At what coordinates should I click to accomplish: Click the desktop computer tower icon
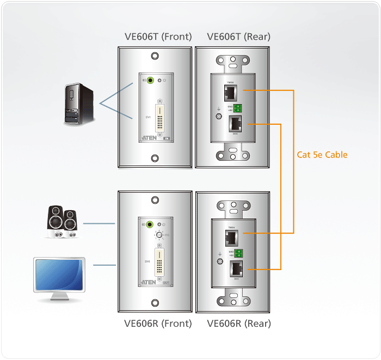click(x=78, y=104)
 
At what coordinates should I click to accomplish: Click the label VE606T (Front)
click(x=158, y=37)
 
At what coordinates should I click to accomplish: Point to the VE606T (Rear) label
click(x=238, y=37)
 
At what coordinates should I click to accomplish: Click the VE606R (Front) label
click(x=158, y=323)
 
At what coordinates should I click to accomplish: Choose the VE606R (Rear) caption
click(x=239, y=323)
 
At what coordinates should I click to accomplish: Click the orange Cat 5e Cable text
click(x=322, y=155)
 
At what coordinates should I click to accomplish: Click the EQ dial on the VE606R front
click(x=158, y=235)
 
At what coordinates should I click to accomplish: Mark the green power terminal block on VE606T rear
click(x=238, y=108)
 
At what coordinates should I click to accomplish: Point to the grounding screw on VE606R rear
click(x=219, y=262)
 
